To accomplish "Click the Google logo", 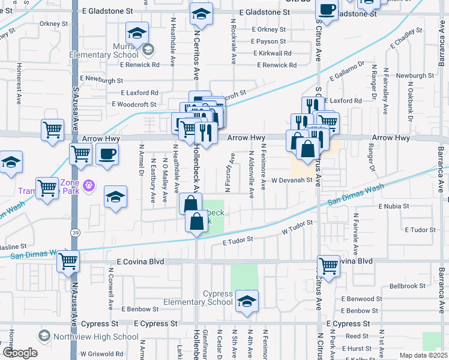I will (x=19, y=353).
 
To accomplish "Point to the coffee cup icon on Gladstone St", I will (x=327, y=10).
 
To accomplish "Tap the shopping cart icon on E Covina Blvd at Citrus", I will (x=328, y=265).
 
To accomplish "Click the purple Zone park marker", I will (x=89, y=184).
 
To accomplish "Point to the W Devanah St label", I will (x=292, y=179).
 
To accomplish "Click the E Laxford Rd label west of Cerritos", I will (x=139, y=93).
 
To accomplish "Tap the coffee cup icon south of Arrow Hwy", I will (x=107, y=154).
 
